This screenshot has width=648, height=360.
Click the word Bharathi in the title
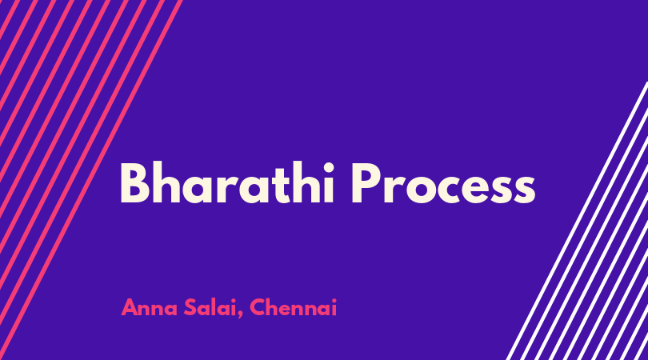click(x=227, y=183)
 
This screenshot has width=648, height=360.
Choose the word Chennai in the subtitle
click(x=293, y=308)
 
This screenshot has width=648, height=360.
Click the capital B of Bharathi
click(x=134, y=184)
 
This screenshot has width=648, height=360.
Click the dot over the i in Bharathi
click(x=328, y=167)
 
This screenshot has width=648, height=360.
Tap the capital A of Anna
click(x=130, y=308)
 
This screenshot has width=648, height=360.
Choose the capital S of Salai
click(x=190, y=308)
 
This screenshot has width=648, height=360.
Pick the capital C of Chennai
click(x=258, y=308)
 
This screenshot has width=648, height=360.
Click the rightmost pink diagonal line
click(x=91, y=179)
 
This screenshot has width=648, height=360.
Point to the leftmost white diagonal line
click(x=577, y=221)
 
